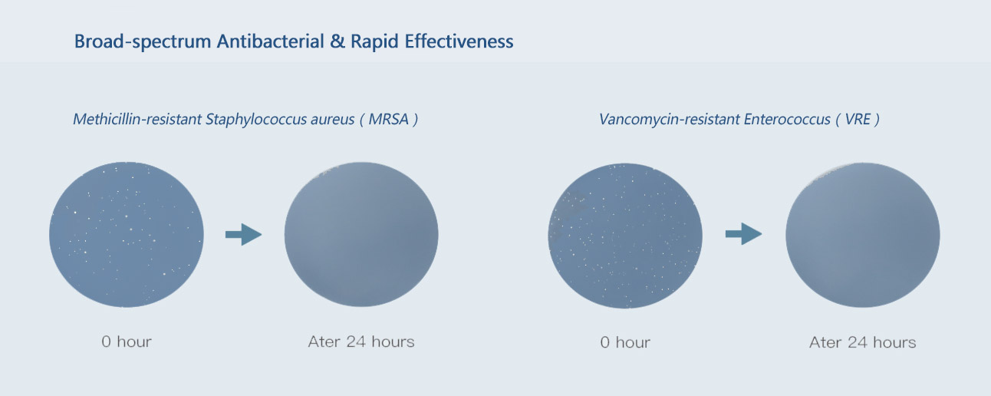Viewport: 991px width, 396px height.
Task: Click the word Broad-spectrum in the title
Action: (143, 41)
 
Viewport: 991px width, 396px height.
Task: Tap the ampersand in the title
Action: (337, 41)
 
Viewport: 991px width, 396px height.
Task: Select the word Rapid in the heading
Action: (374, 42)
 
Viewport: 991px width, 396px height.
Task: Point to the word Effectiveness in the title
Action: (459, 41)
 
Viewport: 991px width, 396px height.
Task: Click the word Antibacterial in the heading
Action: (270, 41)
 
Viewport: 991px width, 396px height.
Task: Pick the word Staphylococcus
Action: (255, 120)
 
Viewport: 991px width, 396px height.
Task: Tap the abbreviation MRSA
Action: (388, 119)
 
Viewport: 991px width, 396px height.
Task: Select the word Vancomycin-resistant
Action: (668, 119)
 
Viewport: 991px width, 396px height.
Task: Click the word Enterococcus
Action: (787, 119)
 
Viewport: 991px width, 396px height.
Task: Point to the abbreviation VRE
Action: (858, 119)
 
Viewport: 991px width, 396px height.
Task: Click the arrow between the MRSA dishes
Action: (243, 235)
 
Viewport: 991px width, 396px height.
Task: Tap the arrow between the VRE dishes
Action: (743, 234)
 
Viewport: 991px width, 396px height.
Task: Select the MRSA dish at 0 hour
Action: (127, 235)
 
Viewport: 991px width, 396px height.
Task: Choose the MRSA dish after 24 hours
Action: (361, 235)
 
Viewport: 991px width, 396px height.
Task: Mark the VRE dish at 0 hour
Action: (625, 236)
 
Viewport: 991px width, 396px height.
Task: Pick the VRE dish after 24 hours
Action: (863, 235)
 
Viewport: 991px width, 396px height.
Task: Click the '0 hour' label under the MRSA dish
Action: (127, 342)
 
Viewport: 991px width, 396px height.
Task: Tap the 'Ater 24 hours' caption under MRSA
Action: (361, 342)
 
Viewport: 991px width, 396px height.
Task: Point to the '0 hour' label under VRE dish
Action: (625, 342)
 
